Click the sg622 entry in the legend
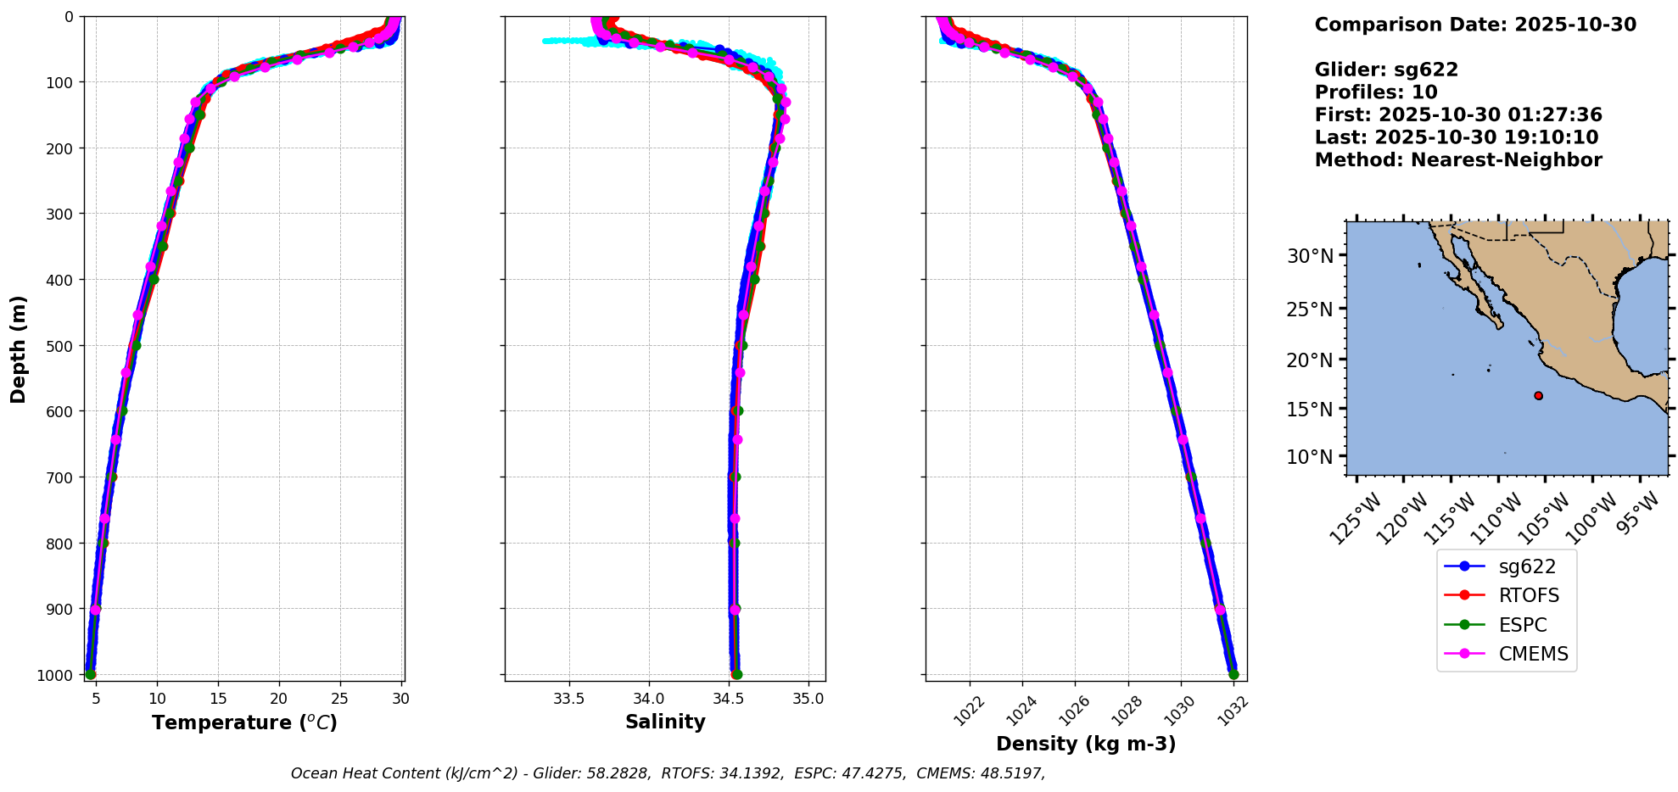pos(1526,566)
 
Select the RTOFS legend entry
pos(1529,595)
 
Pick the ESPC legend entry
pos(1522,625)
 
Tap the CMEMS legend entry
pos(1533,654)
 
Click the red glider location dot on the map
pos(1538,396)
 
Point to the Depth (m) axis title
pos(19,349)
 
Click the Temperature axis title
pos(244,722)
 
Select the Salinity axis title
pos(665,722)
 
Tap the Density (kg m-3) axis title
pos(1086,744)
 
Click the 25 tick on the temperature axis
pos(339,699)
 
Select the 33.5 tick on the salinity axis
pos(568,699)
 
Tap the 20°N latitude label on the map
pos(1310,360)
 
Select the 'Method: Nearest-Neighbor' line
pos(1458,160)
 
